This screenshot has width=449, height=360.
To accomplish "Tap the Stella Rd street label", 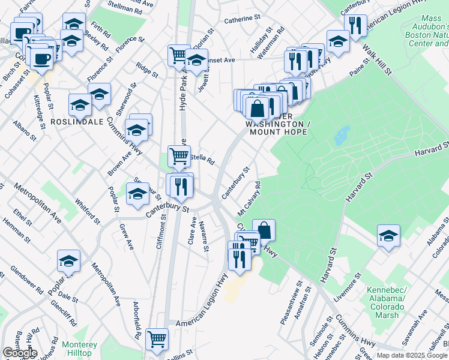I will tap(203, 160).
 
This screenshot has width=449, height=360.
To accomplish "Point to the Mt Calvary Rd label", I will tap(249, 199).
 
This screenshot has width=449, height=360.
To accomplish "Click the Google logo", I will tap(20, 353).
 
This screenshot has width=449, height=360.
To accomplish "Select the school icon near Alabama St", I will tap(388, 236).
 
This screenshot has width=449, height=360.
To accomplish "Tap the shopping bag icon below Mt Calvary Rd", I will tap(264, 229).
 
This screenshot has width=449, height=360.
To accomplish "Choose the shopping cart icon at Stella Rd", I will tap(179, 156).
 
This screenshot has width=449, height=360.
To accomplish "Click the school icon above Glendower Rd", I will tap(68, 261).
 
